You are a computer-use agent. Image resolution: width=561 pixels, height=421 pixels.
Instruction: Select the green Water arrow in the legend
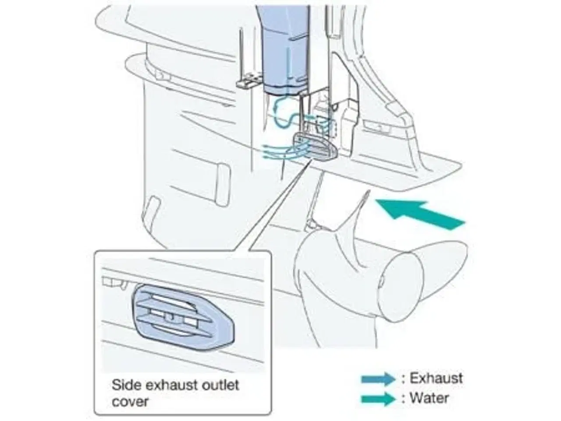[x=378, y=399]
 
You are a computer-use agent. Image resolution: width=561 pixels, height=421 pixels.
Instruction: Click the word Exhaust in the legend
[x=436, y=378]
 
